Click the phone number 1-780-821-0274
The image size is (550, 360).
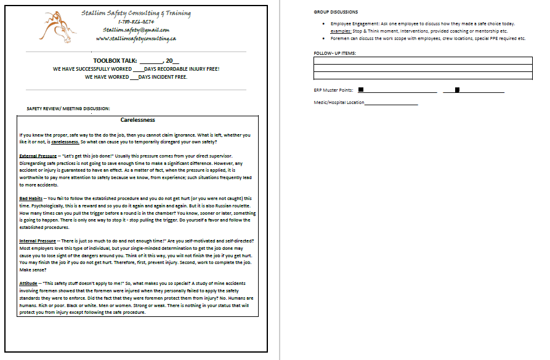pos(136,22)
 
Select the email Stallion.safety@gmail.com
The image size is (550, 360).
pos(136,30)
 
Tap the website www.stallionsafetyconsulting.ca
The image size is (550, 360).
pos(137,38)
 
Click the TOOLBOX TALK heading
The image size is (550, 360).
pos(115,61)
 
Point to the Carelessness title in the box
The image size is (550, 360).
pos(137,120)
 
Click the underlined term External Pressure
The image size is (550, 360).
pos(38,156)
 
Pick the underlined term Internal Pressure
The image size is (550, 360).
pos(38,240)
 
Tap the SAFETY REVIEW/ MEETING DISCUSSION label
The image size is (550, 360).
pos(68,108)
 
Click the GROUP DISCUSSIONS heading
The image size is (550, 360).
pos(336,12)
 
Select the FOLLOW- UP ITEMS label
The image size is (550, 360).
pos(334,53)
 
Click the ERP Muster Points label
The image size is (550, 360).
pos(333,90)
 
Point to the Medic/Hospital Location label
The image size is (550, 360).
pos(339,102)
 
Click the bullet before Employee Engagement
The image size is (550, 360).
pos(324,23)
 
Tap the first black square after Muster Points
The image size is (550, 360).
pos(361,89)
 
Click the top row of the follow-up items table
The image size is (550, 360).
pos(422,60)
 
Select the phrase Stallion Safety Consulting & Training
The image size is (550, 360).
pos(136,13)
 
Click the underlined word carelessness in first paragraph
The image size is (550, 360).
pos(65,142)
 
